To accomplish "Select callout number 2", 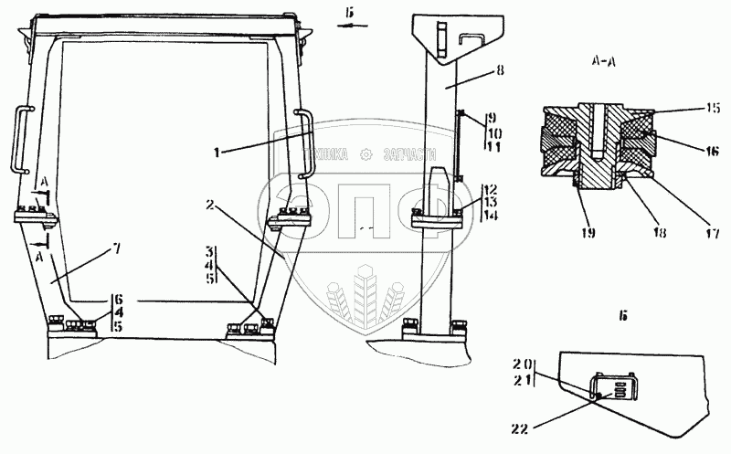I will click(x=211, y=206).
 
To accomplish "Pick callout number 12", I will click(x=491, y=189).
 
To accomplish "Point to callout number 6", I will click(x=117, y=298).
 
